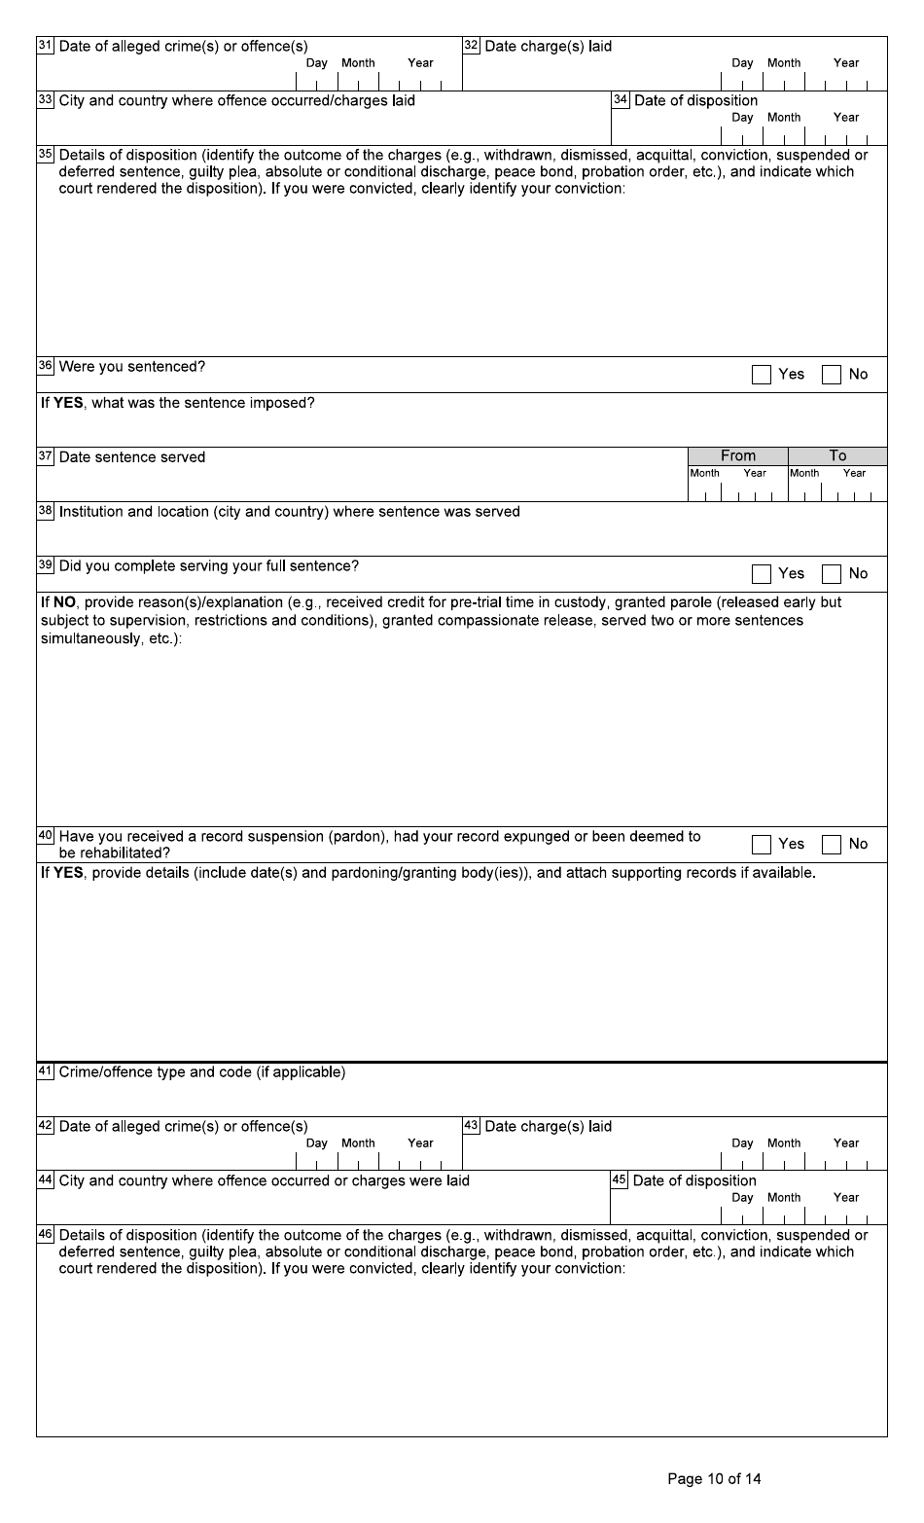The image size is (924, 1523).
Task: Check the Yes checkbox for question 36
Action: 761,375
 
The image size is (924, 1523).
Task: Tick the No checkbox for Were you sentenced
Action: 831,375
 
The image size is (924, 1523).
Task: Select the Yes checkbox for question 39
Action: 761,574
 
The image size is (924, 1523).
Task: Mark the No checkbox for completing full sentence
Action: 831,574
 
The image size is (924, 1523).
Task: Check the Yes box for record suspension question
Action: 761,845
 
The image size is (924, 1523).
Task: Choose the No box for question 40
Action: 831,845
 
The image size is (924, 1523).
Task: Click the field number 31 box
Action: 45,46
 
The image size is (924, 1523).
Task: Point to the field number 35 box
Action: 45,155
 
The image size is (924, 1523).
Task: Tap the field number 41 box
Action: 45,1071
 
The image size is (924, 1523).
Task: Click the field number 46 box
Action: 45,1235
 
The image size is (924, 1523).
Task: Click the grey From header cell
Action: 737,455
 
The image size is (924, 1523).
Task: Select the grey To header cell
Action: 837,455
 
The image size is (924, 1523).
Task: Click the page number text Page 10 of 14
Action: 714,1479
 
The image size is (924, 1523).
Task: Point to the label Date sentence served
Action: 132,457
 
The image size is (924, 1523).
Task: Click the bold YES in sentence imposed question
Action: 68,403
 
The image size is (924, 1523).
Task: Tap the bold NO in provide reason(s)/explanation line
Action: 64,602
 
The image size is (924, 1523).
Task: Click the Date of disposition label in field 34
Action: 695,100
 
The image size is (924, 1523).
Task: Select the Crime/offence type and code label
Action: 201,1072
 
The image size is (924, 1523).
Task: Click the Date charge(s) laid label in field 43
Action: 548,1126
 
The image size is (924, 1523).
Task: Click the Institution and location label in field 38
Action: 289,512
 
